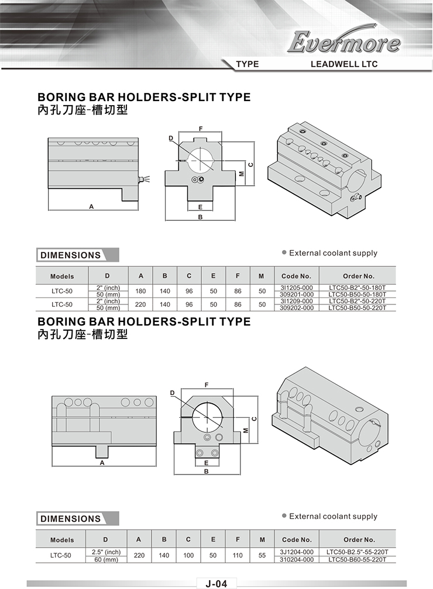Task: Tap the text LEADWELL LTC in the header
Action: [344, 64]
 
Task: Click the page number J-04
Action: [216, 584]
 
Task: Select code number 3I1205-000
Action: [297, 288]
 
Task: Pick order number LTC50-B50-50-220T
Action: [358, 308]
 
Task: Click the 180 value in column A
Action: [140, 291]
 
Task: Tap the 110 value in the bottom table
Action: [238, 555]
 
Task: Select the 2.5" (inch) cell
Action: [106, 552]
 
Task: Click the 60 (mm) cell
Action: [106, 559]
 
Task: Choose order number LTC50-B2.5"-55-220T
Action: [358, 552]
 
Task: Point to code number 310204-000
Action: [297, 559]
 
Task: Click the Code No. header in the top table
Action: [297, 276]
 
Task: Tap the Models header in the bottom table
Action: [62, 540]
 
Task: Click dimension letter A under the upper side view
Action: [91, 206]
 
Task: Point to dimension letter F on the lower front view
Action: [207, 384]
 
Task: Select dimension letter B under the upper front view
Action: [201, 217]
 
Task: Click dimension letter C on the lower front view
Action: [254, 418]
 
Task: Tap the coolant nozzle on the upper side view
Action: [142, 179]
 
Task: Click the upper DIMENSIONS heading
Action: [70, 255]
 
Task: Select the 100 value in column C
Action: [188, 555]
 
